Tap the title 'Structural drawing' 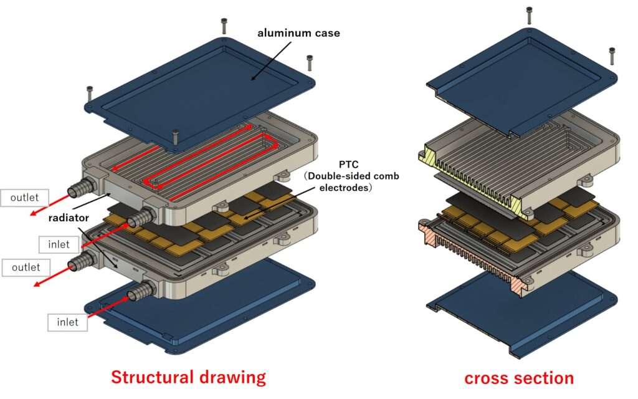point(188,377)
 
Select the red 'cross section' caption point(518,378)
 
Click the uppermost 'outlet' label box point(25,198)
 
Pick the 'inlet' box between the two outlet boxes point(59,244)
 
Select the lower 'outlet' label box point(25,267)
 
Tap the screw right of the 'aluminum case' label point(308,62)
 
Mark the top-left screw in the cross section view point(530,16)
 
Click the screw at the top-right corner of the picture point(612,55)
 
